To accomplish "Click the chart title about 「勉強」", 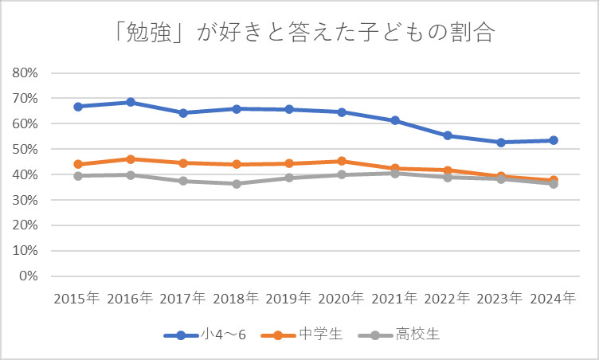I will coord(299,34).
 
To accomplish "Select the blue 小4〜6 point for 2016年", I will coord(131,102).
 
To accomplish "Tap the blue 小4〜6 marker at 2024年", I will coord(553,140).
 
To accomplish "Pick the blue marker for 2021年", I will coord(394,120).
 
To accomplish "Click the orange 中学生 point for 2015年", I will coord(78,164).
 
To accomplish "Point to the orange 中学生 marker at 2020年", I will coord(342,161).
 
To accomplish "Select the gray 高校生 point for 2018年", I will coord(237,184).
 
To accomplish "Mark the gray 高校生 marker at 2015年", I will coord(78,176).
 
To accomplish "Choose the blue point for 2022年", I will coord(448,135).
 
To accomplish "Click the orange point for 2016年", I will coord(131,159).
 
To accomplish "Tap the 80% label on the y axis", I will coord(26,72).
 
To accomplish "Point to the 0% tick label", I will coord(29,276).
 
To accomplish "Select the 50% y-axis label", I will coord(26,149).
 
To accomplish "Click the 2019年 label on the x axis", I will coord(288,299).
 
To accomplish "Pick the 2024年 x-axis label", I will coord(553,299).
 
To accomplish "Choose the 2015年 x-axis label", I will coord(77,299).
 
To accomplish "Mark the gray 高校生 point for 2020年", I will coord(342,174).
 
